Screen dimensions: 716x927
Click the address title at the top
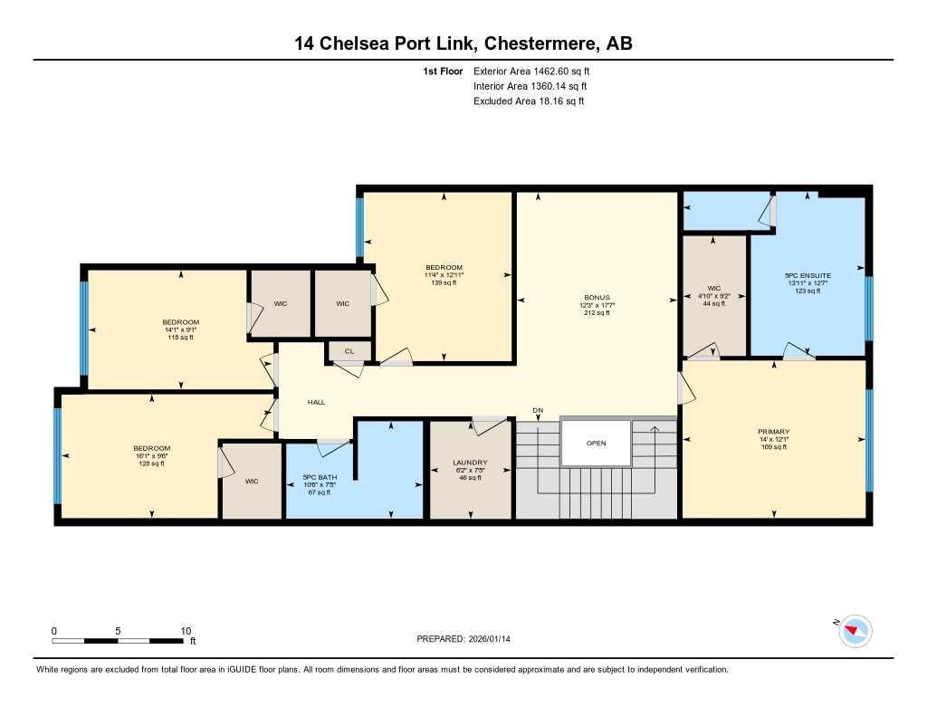(463, 43)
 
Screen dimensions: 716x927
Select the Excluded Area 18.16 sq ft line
(529, 101)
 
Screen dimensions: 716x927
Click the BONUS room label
(597, 297)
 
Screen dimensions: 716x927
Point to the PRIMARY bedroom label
(774, 432)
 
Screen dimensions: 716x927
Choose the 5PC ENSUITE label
(808, 274)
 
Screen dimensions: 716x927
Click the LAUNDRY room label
(470, 463)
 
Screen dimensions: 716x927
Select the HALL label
(316, 402)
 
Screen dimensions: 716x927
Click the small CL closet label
(348, 350)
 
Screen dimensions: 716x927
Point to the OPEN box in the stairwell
(596, 444)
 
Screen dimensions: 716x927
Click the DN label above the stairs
(538, 411)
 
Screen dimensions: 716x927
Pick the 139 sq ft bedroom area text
(444, 283)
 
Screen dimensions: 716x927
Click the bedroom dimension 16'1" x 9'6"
(152, 456)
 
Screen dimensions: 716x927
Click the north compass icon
(855, 631)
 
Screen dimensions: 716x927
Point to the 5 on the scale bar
(119, 631)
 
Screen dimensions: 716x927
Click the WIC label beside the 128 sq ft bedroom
(252, 482)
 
